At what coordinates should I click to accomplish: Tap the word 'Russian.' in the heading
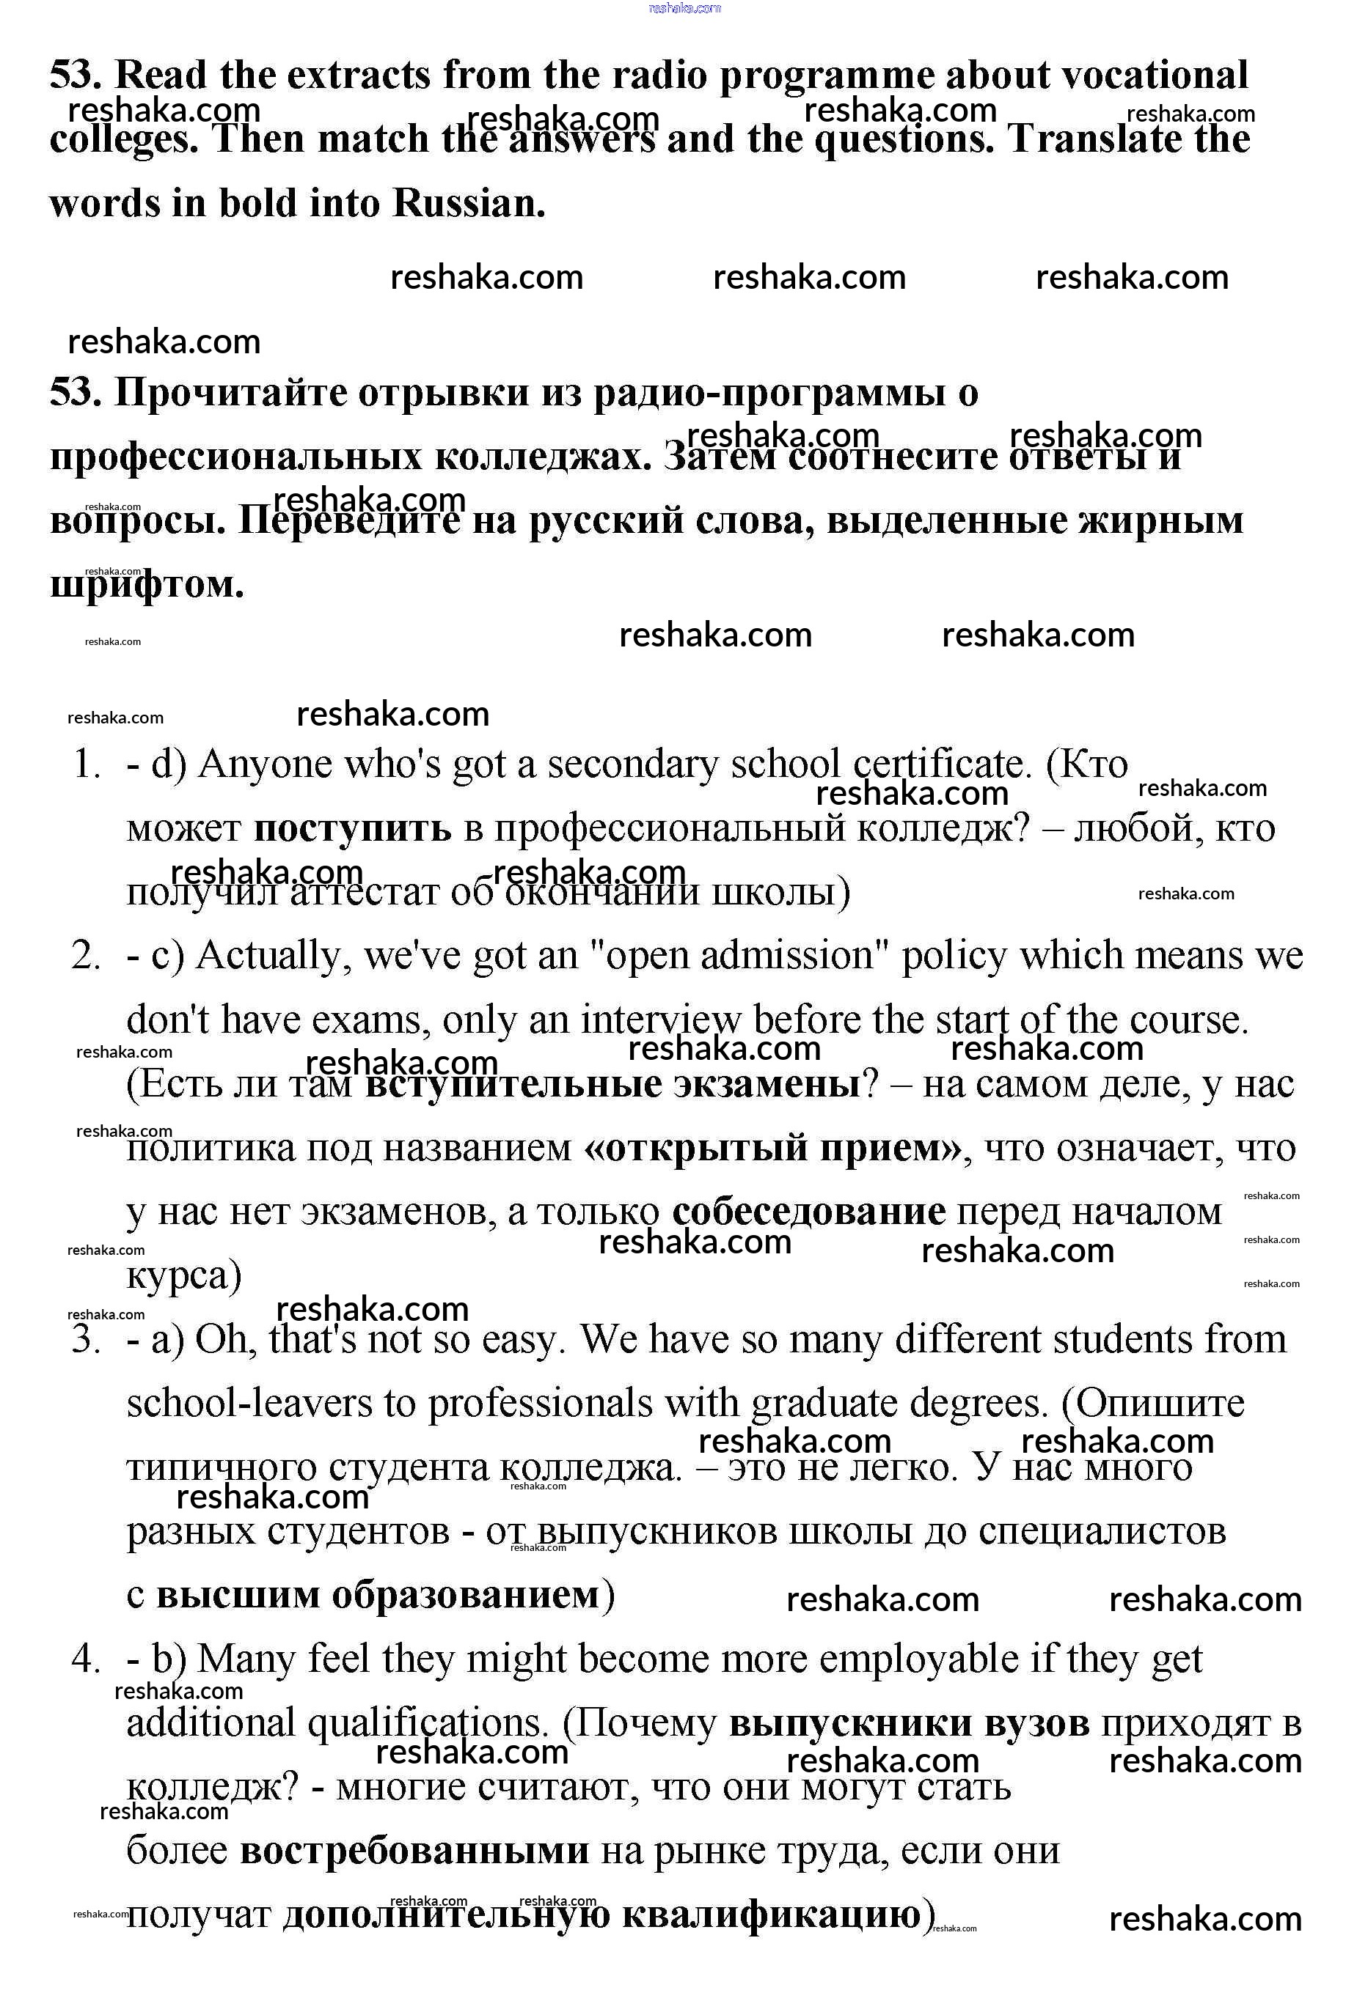(x=469, y=203)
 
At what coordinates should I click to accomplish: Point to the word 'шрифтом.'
(x=147, y=585)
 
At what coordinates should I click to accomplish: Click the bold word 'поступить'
(x=352, y=828)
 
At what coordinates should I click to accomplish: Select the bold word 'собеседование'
(x=809, y=1212)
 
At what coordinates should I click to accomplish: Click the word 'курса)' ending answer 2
(x=184, y=1275)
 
